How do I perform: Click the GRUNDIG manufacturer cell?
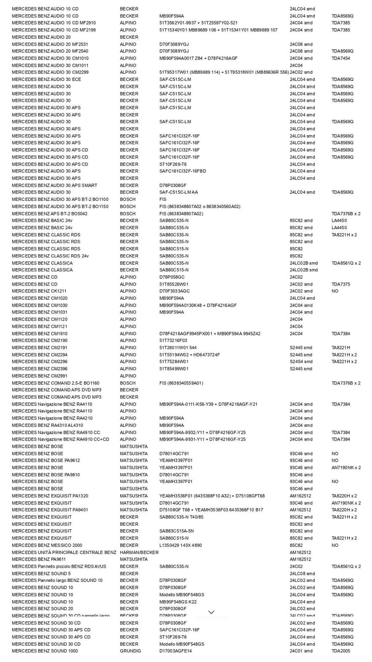[130, 651]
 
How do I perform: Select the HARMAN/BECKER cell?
[139, 552]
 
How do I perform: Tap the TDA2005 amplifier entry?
[341, 651]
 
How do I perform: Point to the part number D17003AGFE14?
[176, 651]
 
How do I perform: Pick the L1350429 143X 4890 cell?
[180, 545]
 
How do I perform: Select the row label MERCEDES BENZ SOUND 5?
[41, 573]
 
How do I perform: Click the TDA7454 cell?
[341, 58]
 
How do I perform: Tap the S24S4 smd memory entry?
[301, 361]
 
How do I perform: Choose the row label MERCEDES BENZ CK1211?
[39, 291]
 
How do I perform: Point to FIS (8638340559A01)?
[181, 383]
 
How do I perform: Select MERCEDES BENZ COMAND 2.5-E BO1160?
[56, 383]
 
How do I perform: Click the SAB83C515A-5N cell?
[176, 531]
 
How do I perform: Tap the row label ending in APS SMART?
[54, 185]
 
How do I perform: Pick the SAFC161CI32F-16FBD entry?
[183, 171]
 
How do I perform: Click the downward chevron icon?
[211, 612]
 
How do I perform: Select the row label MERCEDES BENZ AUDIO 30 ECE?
[46, 79]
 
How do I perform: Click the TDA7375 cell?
[341, 284]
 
